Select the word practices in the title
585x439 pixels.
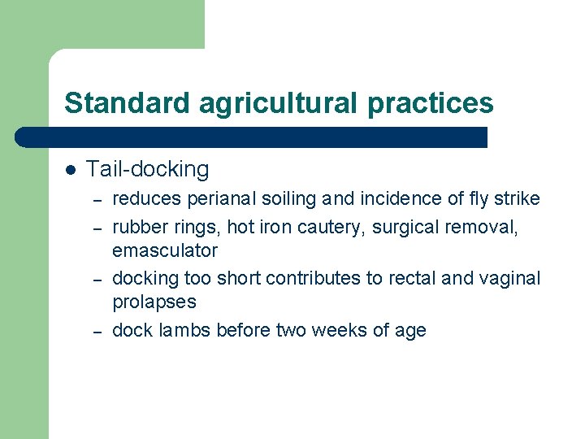click(x=429, y=103)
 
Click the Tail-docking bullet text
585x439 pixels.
click(x=147, y=169)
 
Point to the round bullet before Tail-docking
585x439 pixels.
click(x=71, y=170)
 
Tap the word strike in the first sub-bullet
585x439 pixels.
click(x=518, y=199)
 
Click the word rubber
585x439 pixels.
click(x=136, y=228)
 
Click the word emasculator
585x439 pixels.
click(x=165, y=250)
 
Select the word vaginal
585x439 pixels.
click(x=509, y=278)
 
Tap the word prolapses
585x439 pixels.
click(x=154, y=302)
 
